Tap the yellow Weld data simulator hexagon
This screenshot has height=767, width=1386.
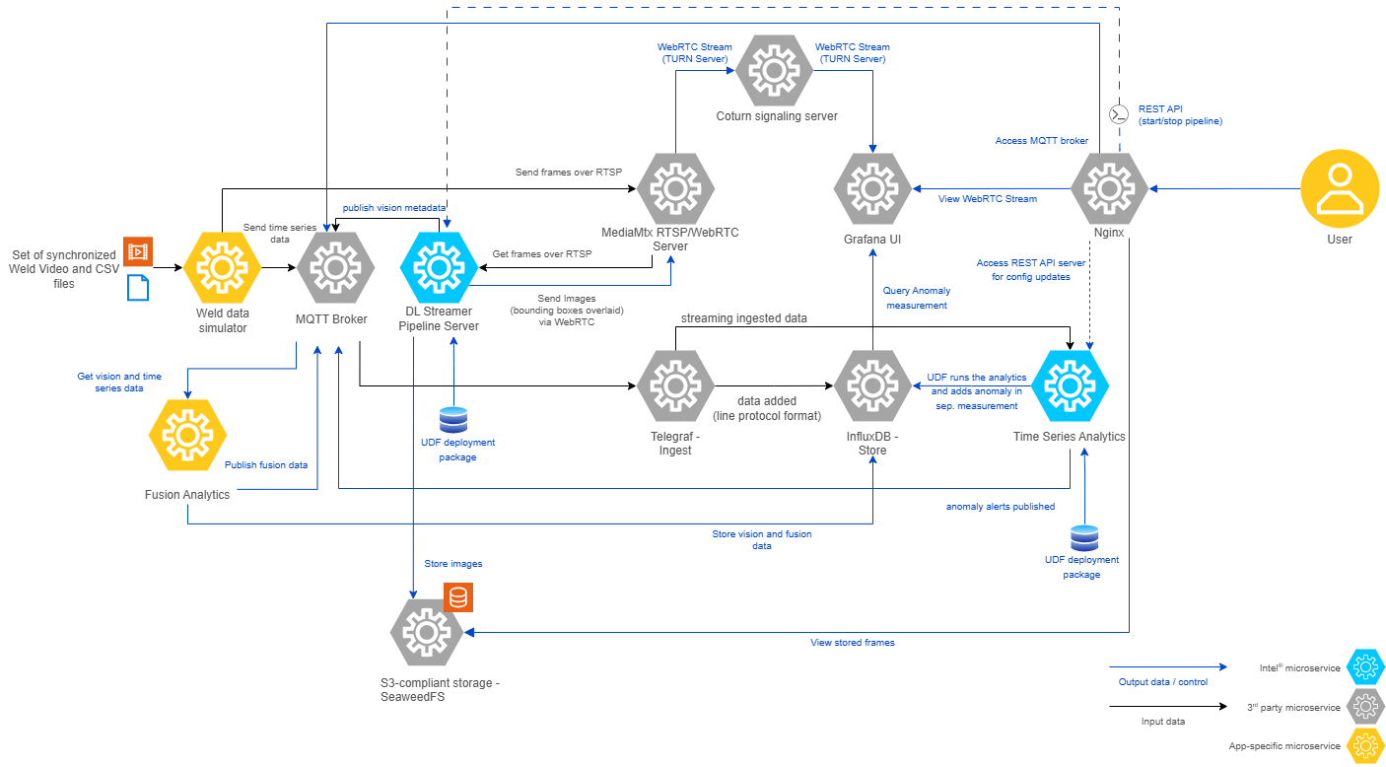click(x=222, y=267)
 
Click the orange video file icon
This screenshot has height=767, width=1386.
click(x=137, y=251)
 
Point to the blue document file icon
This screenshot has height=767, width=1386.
click(x=137, y=288)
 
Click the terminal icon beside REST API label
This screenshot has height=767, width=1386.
click(x=1118, y=114)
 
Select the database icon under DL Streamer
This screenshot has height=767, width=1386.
click(x=453, y=419)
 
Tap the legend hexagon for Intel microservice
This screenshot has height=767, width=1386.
click(x=1365, y=667)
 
